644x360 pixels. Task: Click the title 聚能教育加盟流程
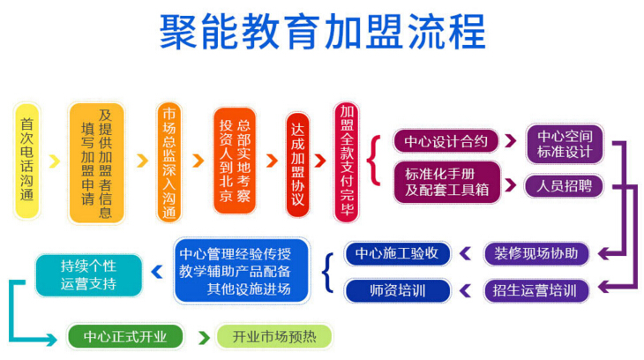coord(322,32)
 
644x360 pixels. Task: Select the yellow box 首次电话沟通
coord(27,161)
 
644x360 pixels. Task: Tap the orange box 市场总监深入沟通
coord(168,162)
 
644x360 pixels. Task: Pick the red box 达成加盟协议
coord(298,165)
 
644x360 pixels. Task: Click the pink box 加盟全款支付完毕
coord(346,162)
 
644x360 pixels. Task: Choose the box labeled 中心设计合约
coord(446,141)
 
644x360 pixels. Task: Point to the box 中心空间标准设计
coord(565,144)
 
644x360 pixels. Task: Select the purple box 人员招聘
coord(565,186)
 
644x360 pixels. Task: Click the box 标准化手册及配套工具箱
coord(447,182)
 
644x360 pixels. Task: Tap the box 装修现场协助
coord(536,253)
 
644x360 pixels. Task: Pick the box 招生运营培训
coord(536,291)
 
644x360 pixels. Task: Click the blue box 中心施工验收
coord(397,253)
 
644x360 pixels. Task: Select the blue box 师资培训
coord(397,291)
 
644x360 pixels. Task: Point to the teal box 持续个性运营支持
coord(89,275)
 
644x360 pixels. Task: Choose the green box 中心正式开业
coord(125,337)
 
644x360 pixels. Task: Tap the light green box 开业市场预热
coord(274,337)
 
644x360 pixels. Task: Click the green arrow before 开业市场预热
coord(204,337)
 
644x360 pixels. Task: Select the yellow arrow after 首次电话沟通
coord(54,161)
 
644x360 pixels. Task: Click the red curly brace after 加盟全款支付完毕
coord(374,161)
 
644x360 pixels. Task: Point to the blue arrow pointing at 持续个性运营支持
coord(157,272)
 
